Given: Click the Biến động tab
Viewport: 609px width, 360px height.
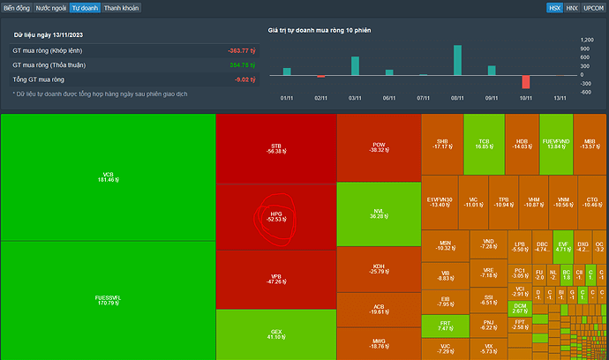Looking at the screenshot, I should click(16, 7).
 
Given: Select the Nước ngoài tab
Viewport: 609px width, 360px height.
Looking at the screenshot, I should click(50, 7).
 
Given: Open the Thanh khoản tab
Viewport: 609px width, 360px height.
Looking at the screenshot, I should click(121, 7).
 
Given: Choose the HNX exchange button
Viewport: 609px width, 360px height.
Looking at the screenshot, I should click(572, 7).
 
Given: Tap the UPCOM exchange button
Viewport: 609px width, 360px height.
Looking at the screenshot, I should click(594, 7).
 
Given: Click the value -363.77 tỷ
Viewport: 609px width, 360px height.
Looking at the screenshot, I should click(240, 51).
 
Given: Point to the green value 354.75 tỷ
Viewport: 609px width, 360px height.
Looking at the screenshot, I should click(241, 65).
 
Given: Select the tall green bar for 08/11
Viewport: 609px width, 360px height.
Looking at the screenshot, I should click(457, 62).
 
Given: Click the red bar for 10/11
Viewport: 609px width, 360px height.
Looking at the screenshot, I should click(525, 82).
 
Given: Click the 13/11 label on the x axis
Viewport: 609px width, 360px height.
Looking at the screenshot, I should click(559, 98).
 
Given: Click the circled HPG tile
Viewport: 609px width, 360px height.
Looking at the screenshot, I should click(276, 216).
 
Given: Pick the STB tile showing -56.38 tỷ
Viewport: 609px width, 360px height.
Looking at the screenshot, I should click(276, 148).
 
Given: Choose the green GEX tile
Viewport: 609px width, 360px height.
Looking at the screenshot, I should click(276, 334).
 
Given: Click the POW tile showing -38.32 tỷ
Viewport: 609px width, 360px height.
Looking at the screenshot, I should click(379, 148).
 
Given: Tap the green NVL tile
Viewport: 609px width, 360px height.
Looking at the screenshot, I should click(379, 214).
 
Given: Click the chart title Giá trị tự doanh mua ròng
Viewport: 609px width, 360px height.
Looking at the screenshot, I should click(320, 31).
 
